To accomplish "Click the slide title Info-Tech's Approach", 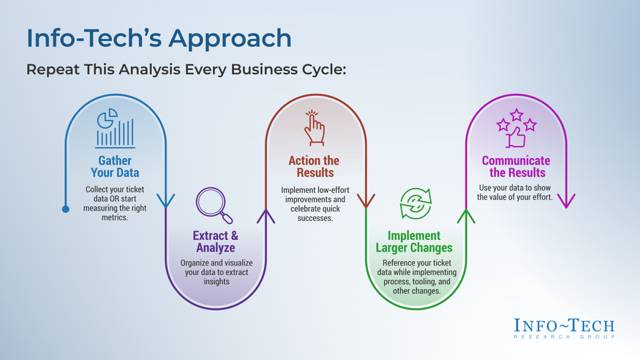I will [158, 38].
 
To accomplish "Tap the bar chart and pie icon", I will [115, 129].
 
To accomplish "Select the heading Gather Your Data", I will [115, 167].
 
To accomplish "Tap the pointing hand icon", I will [315, 129].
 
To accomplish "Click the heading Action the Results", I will [315, 167].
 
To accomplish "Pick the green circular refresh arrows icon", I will [415, 204].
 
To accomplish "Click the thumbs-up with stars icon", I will [516, 127].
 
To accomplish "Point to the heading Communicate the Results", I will [516, 167].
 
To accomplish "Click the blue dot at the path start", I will [65, 210].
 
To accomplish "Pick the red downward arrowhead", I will [365, 200].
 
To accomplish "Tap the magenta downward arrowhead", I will [565, 200].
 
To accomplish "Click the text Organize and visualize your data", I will [215, 271].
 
